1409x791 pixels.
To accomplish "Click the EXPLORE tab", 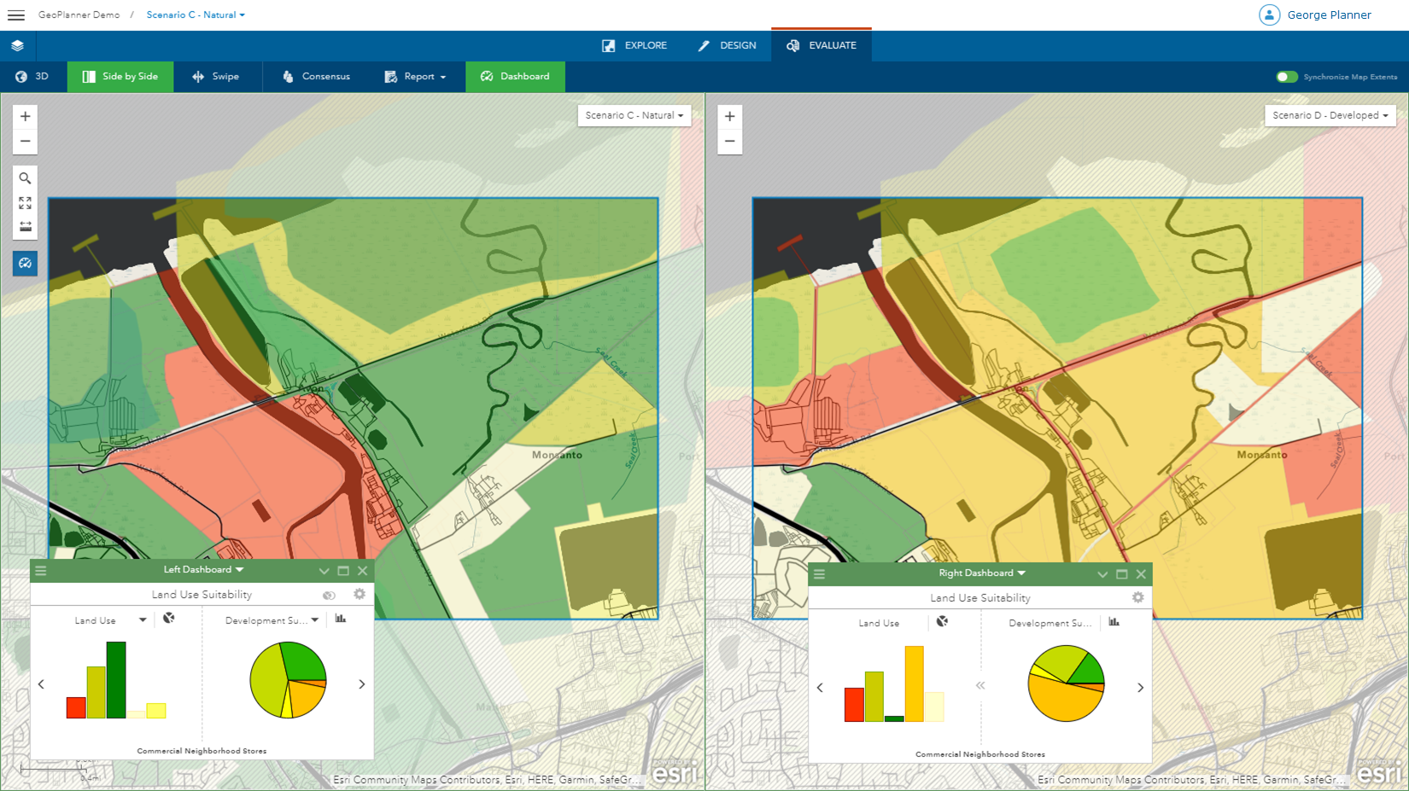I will tap(634, 45).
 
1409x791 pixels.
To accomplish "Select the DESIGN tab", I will tap(728, 45).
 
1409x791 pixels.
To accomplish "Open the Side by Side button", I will tap(120, 77).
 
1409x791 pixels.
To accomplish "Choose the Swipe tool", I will tap(216, 77).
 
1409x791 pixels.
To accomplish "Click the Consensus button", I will tap(316, 77).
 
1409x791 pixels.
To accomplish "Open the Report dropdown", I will tap(416, 77).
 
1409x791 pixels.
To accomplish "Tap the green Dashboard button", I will tap(515, 77).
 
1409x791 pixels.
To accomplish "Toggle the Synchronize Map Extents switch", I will tap(1286, 77).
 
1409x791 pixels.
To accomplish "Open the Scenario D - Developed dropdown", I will tap(1330, 115).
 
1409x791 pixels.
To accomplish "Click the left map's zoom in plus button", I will tap(26, 117).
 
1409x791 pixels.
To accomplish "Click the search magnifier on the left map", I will tap(26, 178).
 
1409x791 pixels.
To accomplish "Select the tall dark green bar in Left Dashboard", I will tap(116, 680).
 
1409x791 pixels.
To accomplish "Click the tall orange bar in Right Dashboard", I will tap(914, 683).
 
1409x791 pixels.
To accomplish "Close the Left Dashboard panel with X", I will tap(363, 571).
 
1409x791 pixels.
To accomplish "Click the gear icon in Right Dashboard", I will tap(1137, 597).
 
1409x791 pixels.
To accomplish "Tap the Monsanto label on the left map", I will tap(557, 455).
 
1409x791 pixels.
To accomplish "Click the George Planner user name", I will tap(1329, 15).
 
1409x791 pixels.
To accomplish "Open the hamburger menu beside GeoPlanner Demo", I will tap(16, 15).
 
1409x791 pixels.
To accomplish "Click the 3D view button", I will tap(32, 77).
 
